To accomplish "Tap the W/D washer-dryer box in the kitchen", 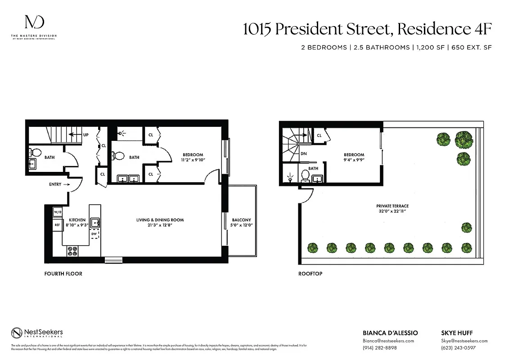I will tap(57, 211).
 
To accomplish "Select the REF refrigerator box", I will tap(57, 224).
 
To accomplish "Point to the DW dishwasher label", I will tap(94, 234).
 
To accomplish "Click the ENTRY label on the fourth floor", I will tap(55, 184).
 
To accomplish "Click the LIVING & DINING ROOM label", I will tap(160, 222).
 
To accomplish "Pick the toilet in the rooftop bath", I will tap(305, 175).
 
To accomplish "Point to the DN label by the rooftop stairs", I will tap(303, 153).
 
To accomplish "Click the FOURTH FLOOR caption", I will tap(63, 274).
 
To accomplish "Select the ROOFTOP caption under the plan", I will tap(311, 274).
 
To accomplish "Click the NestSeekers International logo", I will tap(37, 333).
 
